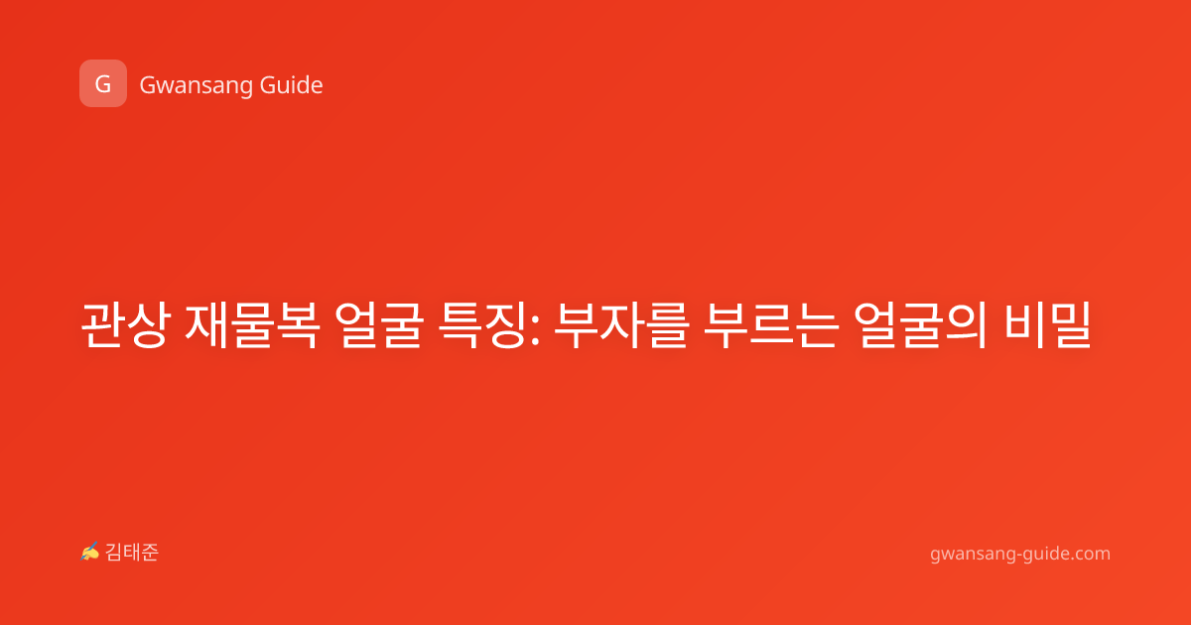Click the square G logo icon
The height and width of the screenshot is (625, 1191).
(103, 83)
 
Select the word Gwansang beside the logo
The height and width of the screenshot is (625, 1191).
(196, 86)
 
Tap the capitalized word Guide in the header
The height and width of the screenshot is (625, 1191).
(292, 84)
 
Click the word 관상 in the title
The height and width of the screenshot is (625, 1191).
(125, 324)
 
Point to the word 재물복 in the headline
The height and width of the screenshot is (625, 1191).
(252, 324)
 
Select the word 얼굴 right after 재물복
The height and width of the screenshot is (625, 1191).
(379, 324)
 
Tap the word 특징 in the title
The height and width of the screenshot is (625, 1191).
(481, 324)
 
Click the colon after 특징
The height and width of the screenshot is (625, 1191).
(535, 330)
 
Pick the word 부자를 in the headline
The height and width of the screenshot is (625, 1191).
(621, 324)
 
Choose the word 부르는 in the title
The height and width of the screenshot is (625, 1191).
(771, 324)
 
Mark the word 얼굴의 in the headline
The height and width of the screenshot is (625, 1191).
(921, 324)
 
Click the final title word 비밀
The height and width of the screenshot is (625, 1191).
(1047, 324)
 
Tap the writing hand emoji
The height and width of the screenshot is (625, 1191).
(90, 552)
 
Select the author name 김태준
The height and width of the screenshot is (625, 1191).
(132, 553)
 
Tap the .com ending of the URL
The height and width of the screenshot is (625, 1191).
(1090, 554)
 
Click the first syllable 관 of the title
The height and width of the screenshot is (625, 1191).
(102, 324)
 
